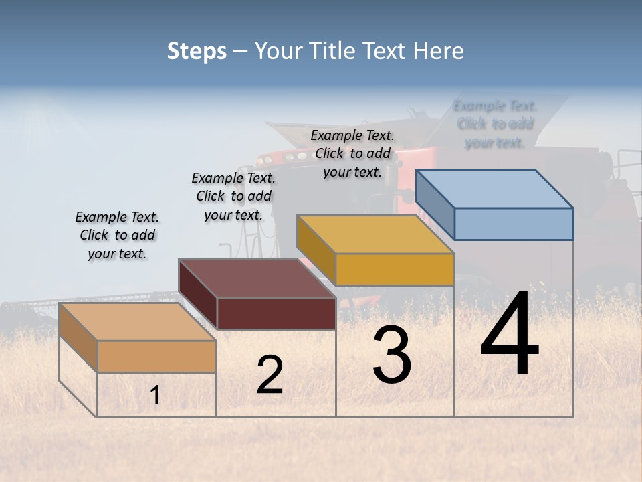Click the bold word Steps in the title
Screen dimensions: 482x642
pyautogui.click(x=197, y=51)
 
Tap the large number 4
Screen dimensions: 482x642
pyautogui.click(x=510, y=335)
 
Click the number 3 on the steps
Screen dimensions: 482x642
pyautogui.click(x=392, y=355)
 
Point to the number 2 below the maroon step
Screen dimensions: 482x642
pyautogui.click(x=270, y=375)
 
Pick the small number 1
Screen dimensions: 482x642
pyautogui.click(x=155, y=396)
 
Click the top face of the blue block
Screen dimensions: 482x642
pyautogui.click(x=495, y=189)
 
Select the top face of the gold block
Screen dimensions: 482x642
pyautogui.click(x=376, y=234)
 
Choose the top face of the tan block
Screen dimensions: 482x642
pyautogui.click(x=138, y=322)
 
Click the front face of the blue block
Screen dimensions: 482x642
pyautogui.click(x=514, y=224)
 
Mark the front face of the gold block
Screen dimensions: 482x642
pyautogui.click(x=395, y=269)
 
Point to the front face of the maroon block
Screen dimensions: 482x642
pyautogui.click(x=276, y=313)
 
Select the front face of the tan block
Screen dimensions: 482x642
pyautogui.click(x=156, y=356)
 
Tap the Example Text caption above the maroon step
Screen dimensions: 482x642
pyautogui.click(x=233, y=196)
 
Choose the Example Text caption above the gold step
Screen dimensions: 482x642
pyautogui.click(x=352, y=154)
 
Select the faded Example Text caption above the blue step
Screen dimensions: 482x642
pyautogui.click(x=495, y=125)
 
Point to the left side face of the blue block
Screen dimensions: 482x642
pyautogui.click(x=435, y=204)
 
